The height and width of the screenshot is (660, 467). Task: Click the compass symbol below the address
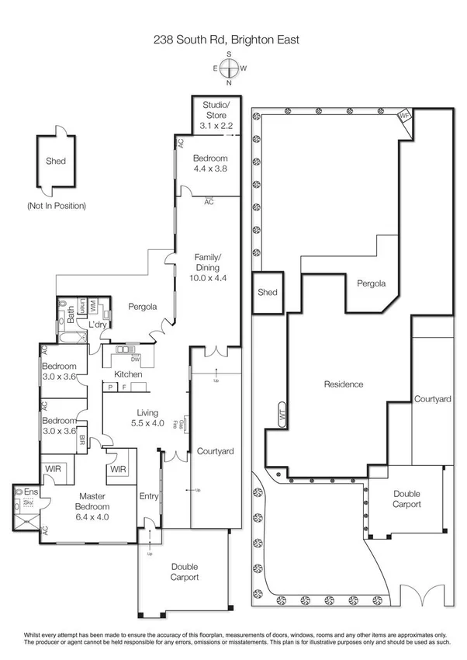(229, 68)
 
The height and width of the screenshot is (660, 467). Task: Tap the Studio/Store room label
(211, 113)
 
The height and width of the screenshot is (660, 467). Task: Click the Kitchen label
(129, 374)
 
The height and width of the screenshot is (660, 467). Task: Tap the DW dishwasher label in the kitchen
(135, 360)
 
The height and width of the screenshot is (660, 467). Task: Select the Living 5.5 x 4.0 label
(147, 418)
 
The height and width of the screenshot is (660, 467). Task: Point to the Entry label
(148, 496)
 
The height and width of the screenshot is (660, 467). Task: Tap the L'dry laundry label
(96, 324)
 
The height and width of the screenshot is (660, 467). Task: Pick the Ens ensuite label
(30, 492)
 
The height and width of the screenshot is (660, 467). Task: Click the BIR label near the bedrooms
(83, 439)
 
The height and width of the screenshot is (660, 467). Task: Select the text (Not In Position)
(57, 206)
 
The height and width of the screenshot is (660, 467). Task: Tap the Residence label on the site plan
(344, 384)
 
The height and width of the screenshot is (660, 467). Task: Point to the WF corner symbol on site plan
(403, 116)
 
